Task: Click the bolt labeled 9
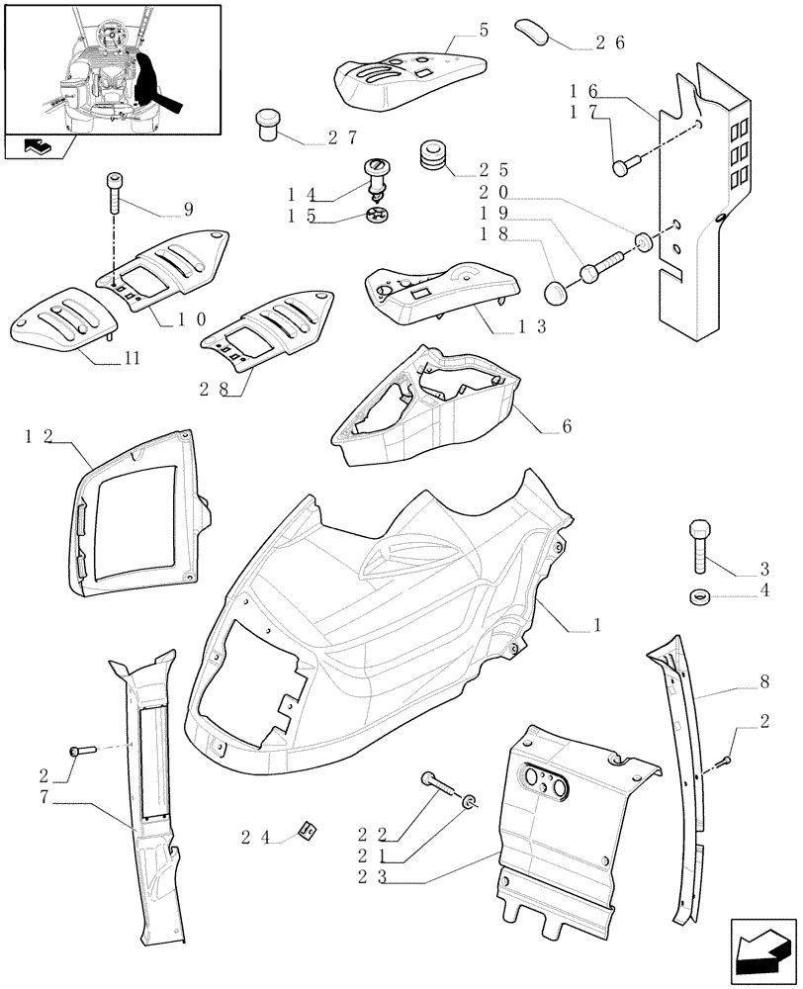(113, 193)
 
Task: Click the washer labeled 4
(698, 595)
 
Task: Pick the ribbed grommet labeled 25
(433, 154)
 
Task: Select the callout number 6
(568, 426)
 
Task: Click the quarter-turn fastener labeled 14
(377, 178)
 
